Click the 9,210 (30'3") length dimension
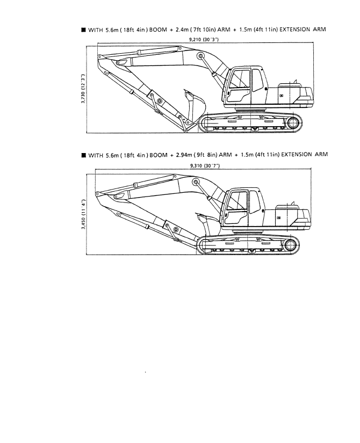coord(204,40)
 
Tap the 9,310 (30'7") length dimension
coord(205,166)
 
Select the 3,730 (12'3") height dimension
coord(83,89)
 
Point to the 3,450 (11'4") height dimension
coord(83,214)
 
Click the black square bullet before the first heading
coord(83,30)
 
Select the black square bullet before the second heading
coord(83,155)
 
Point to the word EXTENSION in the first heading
coord(294,30)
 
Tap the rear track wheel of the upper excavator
coord(293,124)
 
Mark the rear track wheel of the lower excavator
coord(290,245)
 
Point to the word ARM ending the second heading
coord(321,154)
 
